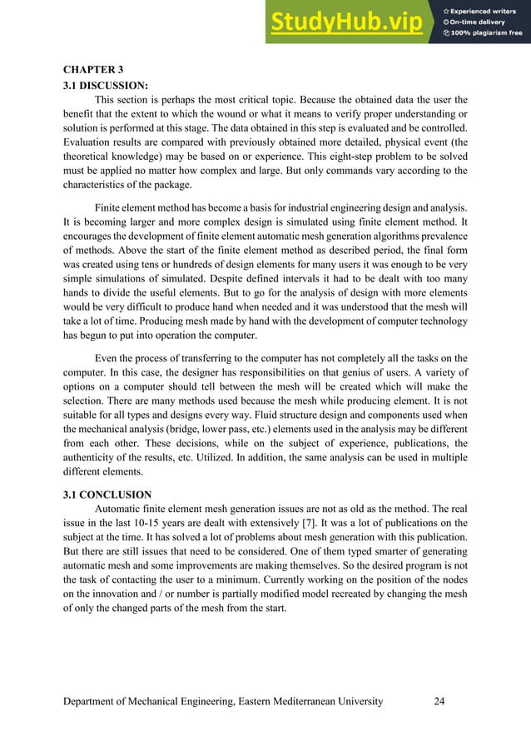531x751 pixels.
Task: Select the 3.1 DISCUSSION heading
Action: click(x=106, y=85)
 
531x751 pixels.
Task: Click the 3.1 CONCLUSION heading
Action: click(x=107, y=494)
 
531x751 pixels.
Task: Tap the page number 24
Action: click(x=439, y=701)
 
